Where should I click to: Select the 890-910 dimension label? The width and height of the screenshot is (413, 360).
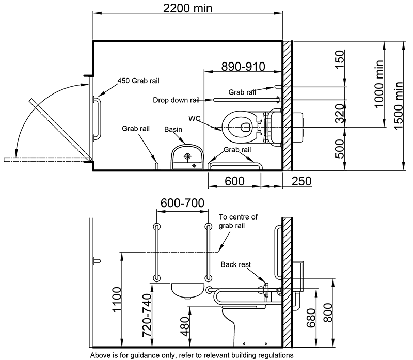(x=243, y=66)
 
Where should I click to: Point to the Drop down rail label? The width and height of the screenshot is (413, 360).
(x=176, y=100)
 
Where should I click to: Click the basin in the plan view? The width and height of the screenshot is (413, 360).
(x=187, y=156)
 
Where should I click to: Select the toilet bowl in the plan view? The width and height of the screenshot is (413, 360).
(x=240, y=124)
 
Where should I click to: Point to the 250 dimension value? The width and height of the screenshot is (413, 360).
(x=300, y=182)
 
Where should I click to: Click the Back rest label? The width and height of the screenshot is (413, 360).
(x=235, y=264)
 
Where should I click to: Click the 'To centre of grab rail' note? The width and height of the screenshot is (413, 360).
(x=239, y=221)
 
